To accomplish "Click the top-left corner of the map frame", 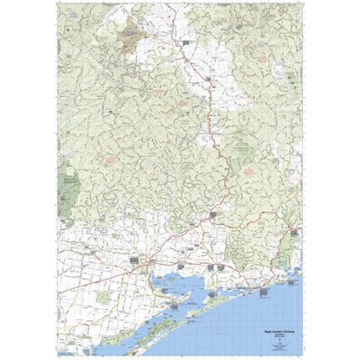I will [55, 3].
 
